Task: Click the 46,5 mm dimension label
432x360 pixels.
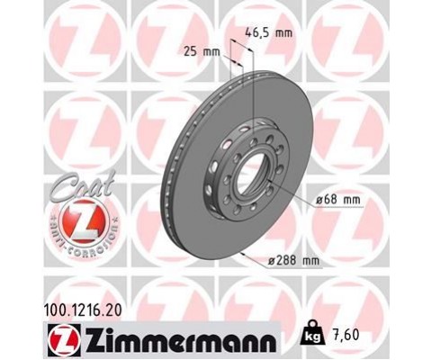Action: (270, 33)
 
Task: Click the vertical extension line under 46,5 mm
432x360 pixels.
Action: (256, 90)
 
